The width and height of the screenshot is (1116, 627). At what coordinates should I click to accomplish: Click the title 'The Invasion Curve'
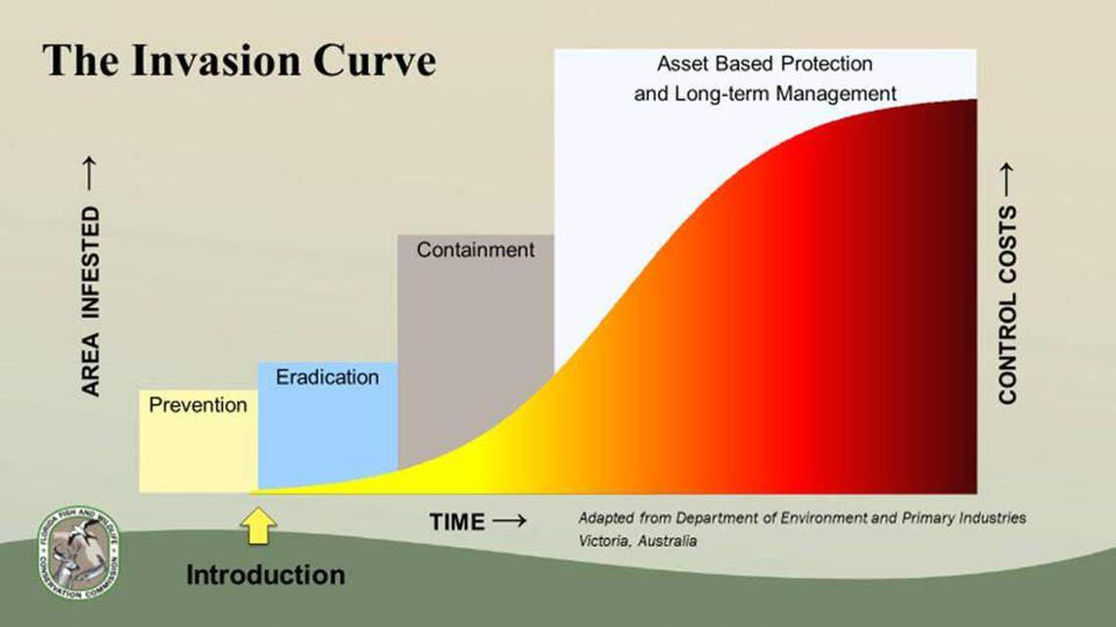pyautogui.click(x=239, y=61)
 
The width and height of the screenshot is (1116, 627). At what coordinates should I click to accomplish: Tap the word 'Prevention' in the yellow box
pyautogui.click(x=198, y=405)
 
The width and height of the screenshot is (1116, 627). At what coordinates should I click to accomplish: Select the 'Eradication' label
pyautogui.click(x=327, y=378)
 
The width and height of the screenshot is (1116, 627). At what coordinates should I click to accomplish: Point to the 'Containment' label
pyautogui.click(x=476, y=249)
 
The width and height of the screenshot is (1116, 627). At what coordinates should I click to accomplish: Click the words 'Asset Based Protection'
pyautogui.click(x=764, y=65)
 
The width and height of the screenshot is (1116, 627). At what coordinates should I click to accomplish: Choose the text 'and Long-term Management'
pyautogui.click(x=765, y=95)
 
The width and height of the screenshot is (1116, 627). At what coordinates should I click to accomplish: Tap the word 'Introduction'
pyautogui.click(x=265, y=574)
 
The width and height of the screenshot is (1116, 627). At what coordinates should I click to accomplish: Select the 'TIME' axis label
pyautogui.click(x=457, y=522)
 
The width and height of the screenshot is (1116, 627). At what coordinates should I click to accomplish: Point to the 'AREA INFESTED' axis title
pyautogui.click(x=91, y=301)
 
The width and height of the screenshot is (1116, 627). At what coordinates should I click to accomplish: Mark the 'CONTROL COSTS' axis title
pyautogui.click(x=1007, y=304)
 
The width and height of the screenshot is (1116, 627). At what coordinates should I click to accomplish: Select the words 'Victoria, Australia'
pyautogui.click(x=637, y=541)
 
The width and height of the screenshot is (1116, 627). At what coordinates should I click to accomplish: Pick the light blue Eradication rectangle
pyautogui.click(x=327, y=430)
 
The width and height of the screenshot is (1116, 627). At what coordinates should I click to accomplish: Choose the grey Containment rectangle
pyautogui.click(x=476, y=342)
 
